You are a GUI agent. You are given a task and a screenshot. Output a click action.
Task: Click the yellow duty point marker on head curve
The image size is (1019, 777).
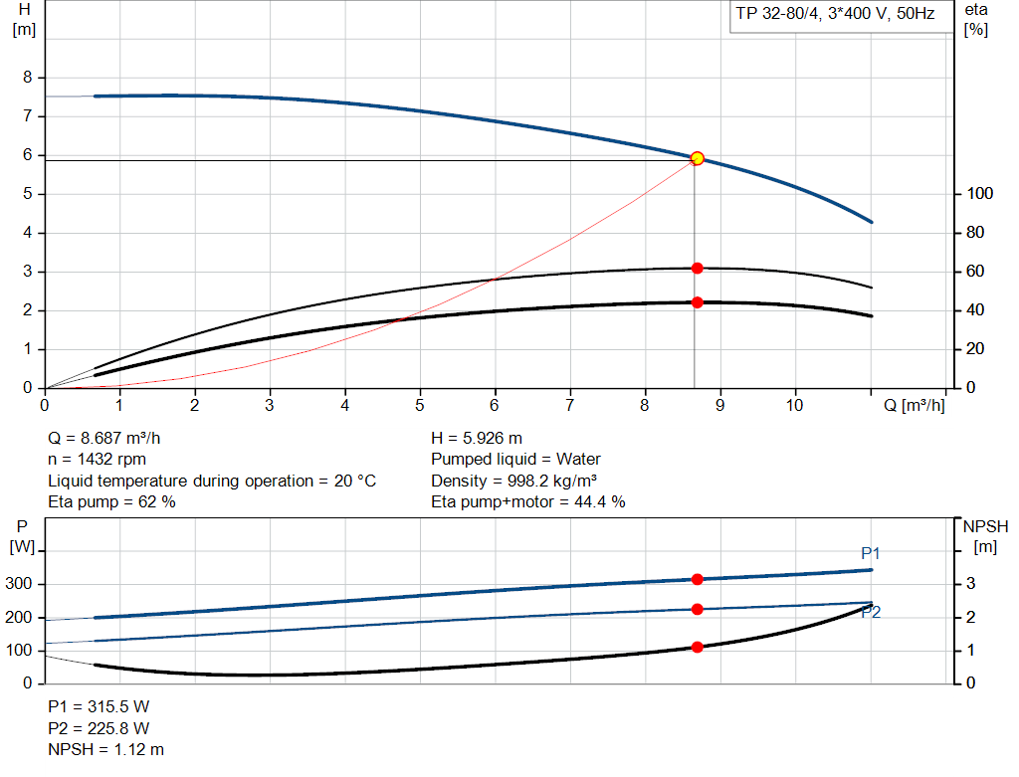pyautogui.click(x=697, y=158)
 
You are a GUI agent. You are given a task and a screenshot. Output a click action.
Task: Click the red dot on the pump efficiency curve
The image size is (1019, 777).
pyautogui.click(x=697, y=269)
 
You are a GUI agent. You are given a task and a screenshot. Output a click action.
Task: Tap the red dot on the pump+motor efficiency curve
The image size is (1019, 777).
pyautogui.click(x=697, y=302)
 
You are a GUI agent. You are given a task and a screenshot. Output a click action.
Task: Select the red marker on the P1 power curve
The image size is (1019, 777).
pyautogui.click(x=697, y=579)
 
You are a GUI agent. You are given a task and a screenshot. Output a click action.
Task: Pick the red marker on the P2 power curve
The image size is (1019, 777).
pyautogui.click(x=697, y=609)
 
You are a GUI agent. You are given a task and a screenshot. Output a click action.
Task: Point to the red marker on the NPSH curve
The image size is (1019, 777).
pyautogui.click(x=697, y=647)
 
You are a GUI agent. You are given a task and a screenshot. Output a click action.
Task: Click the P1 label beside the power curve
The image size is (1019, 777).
pyautogui.click(x=871, y=553)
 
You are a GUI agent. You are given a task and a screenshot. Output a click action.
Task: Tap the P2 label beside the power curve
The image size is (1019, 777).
pyautogui.click(x=871, y=613)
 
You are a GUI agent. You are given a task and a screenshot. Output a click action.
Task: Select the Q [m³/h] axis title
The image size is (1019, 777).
pyautogui.click(x=915, y=406)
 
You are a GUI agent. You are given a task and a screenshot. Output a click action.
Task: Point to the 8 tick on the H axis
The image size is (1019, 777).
pyautogui.click(x=28, y=78)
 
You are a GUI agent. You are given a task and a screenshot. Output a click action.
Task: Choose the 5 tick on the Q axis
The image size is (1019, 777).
pyautogui.click(x=420, y=406)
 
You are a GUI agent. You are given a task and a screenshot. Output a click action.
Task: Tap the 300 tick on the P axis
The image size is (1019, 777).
pyautogui.click(x=22, y=584)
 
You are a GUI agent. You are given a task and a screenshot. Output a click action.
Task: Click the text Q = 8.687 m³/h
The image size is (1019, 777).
pyautogui.click(x=103, y=438)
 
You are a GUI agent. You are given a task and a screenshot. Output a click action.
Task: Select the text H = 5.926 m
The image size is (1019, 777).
pyautogui.click(x=477, y=438)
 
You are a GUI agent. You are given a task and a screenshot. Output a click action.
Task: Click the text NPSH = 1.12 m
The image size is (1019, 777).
pyautogui.click(x=106, y=749)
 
